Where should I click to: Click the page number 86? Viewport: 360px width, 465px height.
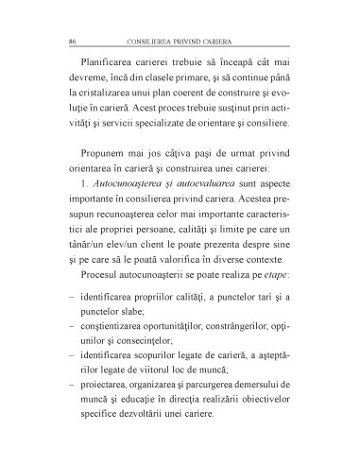click(61, 43)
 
